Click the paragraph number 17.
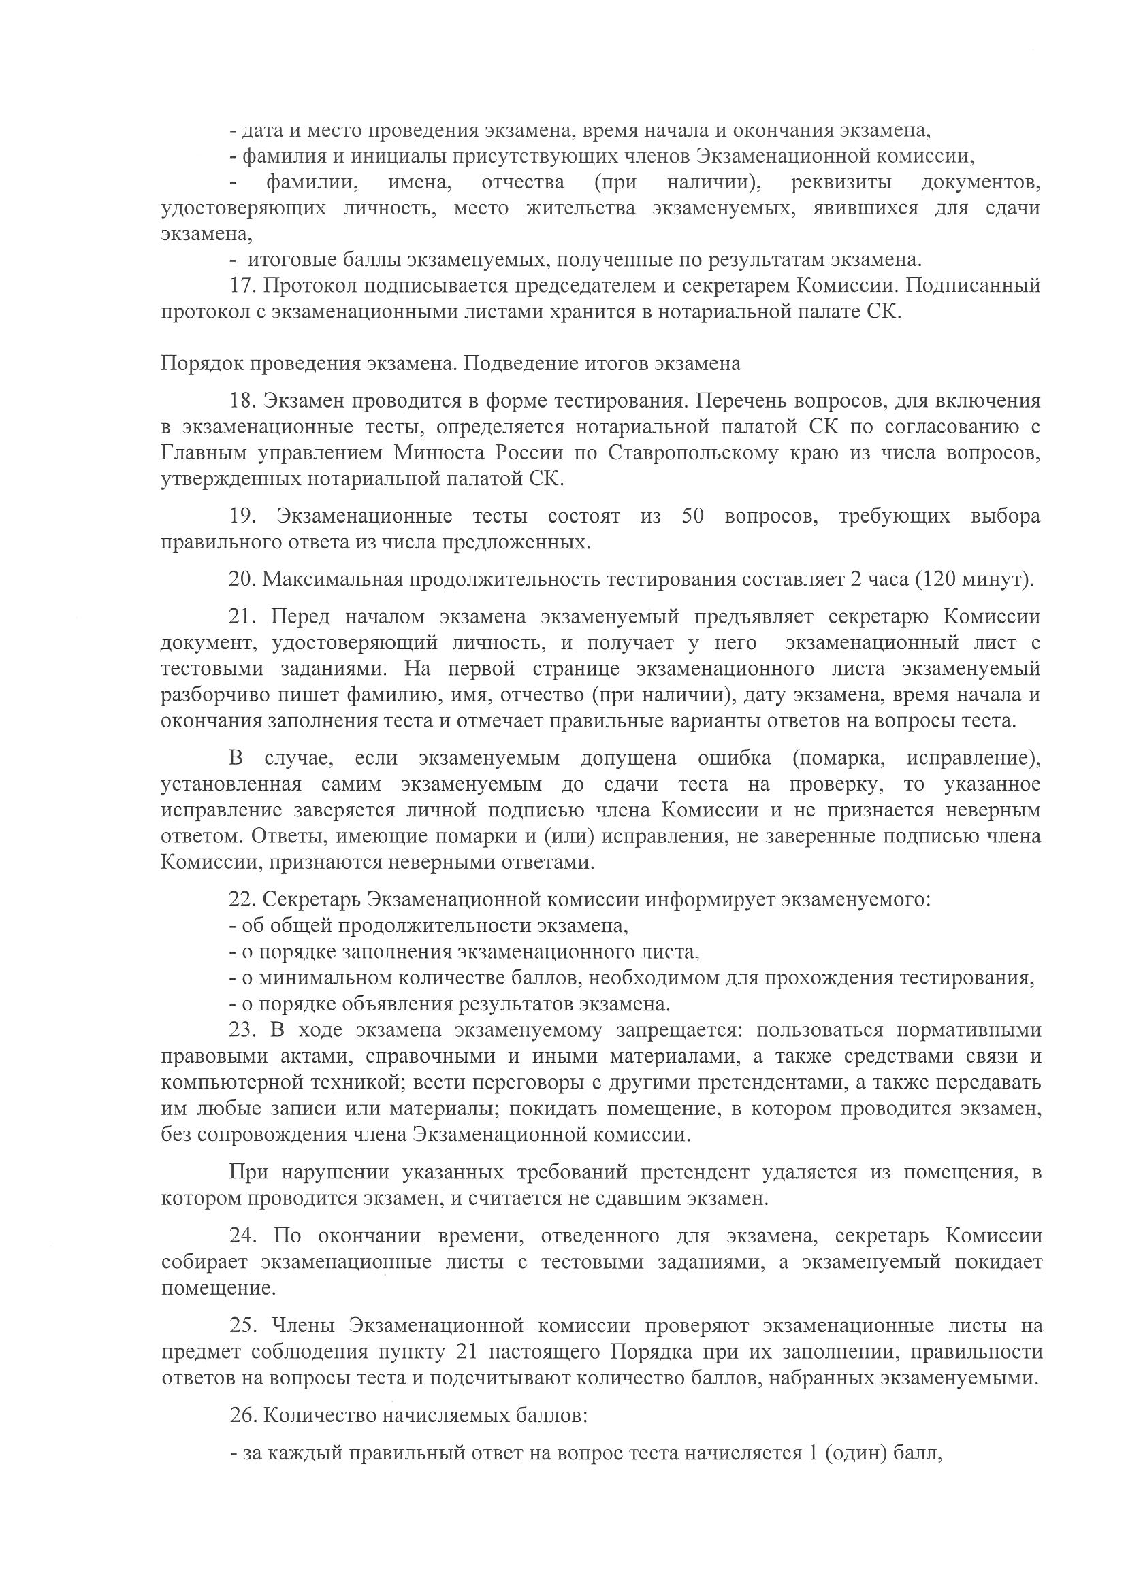coord(242,286)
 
